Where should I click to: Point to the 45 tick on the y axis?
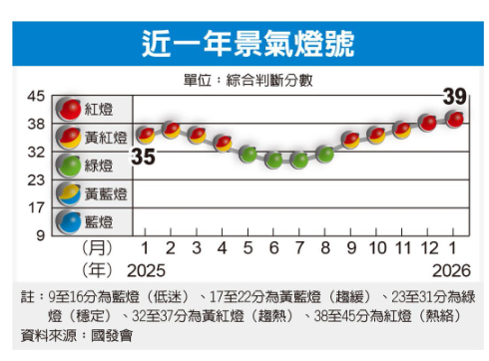point(35,96)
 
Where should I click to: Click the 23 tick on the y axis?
point(35,180)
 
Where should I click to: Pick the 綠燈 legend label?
point(106,165)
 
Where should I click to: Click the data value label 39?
point(454,97)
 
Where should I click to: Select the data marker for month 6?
point(274,159)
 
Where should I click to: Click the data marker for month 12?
point(429,123)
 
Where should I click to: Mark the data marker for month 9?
point(351,140)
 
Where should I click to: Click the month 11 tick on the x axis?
point(403,247)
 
